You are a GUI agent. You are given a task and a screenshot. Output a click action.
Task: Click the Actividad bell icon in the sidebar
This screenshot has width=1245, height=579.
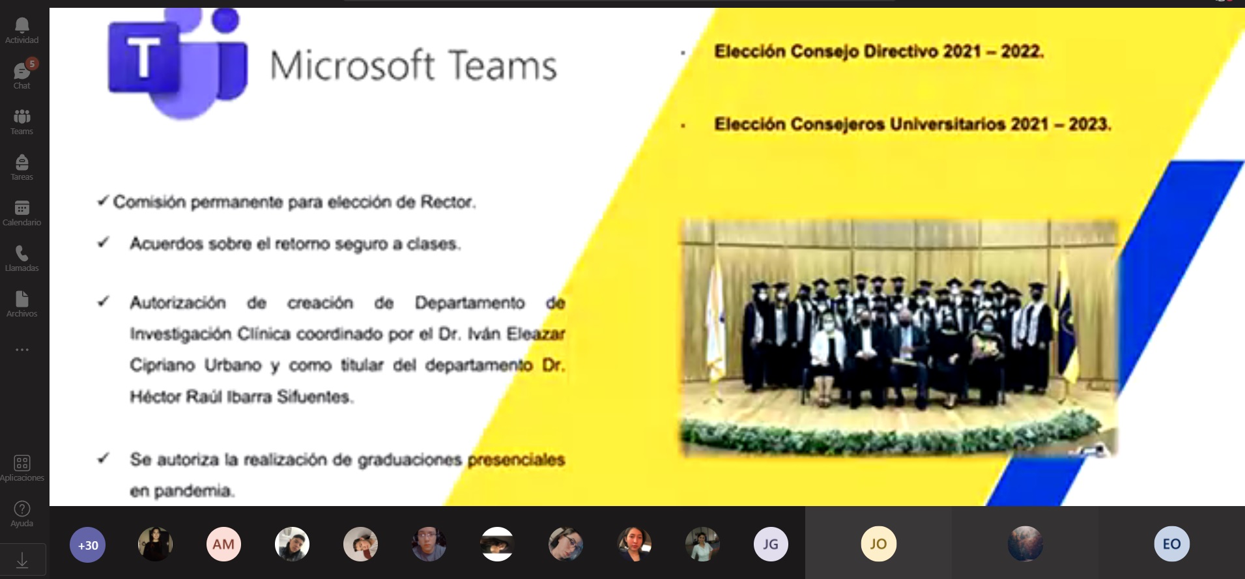[21, 25]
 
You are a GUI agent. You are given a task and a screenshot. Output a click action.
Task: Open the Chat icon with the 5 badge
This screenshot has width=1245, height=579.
[22, 70]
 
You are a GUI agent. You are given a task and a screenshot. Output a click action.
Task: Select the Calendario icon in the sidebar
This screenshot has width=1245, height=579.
[21, 208]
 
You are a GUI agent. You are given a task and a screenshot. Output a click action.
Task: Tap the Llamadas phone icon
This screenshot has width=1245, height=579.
[21, 253]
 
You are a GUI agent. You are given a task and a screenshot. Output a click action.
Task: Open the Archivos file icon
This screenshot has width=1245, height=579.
[21, 299]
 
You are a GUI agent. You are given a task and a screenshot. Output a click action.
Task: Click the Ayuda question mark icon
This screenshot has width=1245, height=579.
[21, 509]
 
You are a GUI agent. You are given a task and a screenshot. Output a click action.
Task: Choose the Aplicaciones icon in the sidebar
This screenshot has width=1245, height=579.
[21, 463]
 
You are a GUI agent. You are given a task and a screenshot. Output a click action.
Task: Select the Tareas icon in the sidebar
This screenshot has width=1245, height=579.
[21, 162]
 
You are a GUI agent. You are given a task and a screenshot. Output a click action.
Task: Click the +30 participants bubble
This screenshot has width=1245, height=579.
[88, 544]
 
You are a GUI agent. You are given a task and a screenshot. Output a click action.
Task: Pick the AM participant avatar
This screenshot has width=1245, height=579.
[223, 544]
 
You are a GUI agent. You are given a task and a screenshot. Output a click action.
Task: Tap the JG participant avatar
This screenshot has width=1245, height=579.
[771, 544]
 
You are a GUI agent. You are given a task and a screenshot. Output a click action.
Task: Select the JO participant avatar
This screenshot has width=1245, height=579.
[878, 544]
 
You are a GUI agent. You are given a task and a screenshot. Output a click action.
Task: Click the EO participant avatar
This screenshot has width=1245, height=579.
[1171, 544]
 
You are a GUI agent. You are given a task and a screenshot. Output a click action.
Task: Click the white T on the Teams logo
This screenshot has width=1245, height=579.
[143, 57]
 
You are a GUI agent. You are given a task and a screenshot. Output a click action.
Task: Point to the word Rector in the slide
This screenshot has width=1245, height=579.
[448, 202]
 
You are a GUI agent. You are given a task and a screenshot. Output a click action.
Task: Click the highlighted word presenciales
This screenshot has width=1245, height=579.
[516, 460]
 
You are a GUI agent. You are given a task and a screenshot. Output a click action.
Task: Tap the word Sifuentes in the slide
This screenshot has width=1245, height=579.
[315, 397]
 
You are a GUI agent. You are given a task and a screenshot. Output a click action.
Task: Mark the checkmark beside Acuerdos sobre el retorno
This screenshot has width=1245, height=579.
[103, 242]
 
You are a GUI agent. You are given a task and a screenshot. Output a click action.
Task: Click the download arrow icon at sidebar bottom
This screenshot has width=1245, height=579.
[22, 560]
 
